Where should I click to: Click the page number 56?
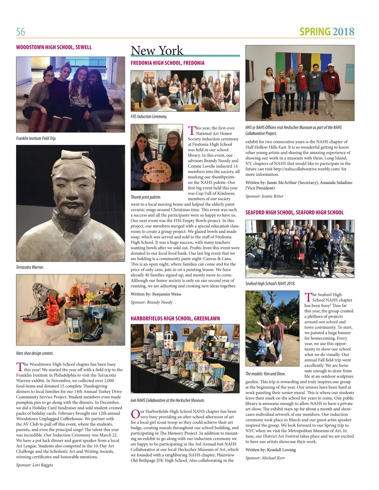point(21,32)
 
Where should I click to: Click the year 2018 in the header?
point(343,32)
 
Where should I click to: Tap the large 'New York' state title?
point(157,51)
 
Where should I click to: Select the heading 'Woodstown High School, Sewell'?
point(54,47)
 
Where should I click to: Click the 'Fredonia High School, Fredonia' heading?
point(167,63)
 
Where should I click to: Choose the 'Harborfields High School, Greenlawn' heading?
point(175,318)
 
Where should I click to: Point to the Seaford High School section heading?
point(294,212)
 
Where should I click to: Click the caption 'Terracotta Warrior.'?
point(30,267)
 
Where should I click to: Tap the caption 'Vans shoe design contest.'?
point(35,353)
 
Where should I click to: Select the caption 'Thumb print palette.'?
point(146,197)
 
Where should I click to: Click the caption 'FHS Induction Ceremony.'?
point(149,117)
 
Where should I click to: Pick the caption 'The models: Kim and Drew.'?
point(265,373)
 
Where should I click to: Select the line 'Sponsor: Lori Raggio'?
point(34,465)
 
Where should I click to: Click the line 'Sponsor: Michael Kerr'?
point(265,458)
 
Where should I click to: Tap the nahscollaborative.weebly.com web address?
point(307,169)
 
